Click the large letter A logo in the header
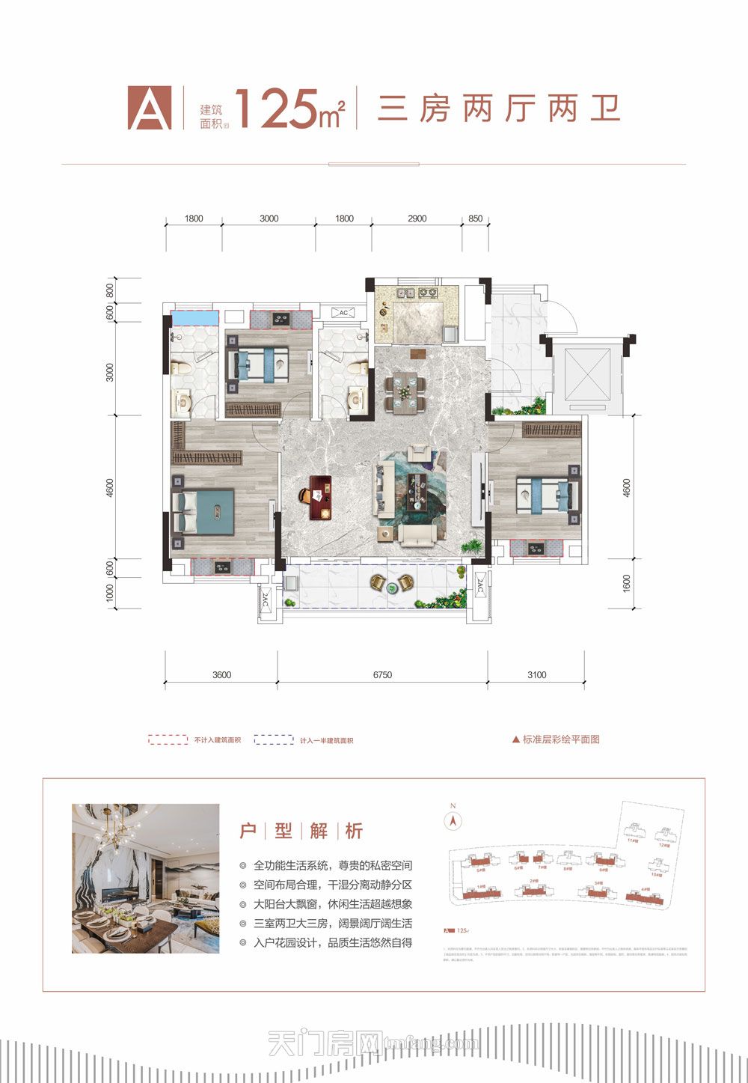150,109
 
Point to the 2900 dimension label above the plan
417,219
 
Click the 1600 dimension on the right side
626,583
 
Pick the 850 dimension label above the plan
476,219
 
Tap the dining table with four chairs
405,391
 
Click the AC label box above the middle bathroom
343,313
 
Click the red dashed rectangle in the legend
168,739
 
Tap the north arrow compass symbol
452,820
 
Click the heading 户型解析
301,831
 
